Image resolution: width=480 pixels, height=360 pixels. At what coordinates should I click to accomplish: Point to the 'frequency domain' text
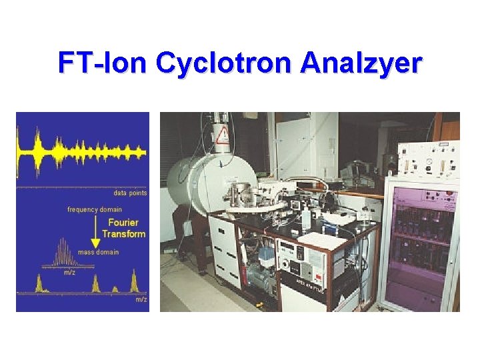pyautogui.click(x=95, y=209)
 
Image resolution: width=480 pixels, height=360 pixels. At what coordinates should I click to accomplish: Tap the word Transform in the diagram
pyautogui.click(x=123, y=234)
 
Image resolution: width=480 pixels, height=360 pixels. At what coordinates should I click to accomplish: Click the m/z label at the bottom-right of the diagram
pyautogui.click(x=141, y=299)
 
